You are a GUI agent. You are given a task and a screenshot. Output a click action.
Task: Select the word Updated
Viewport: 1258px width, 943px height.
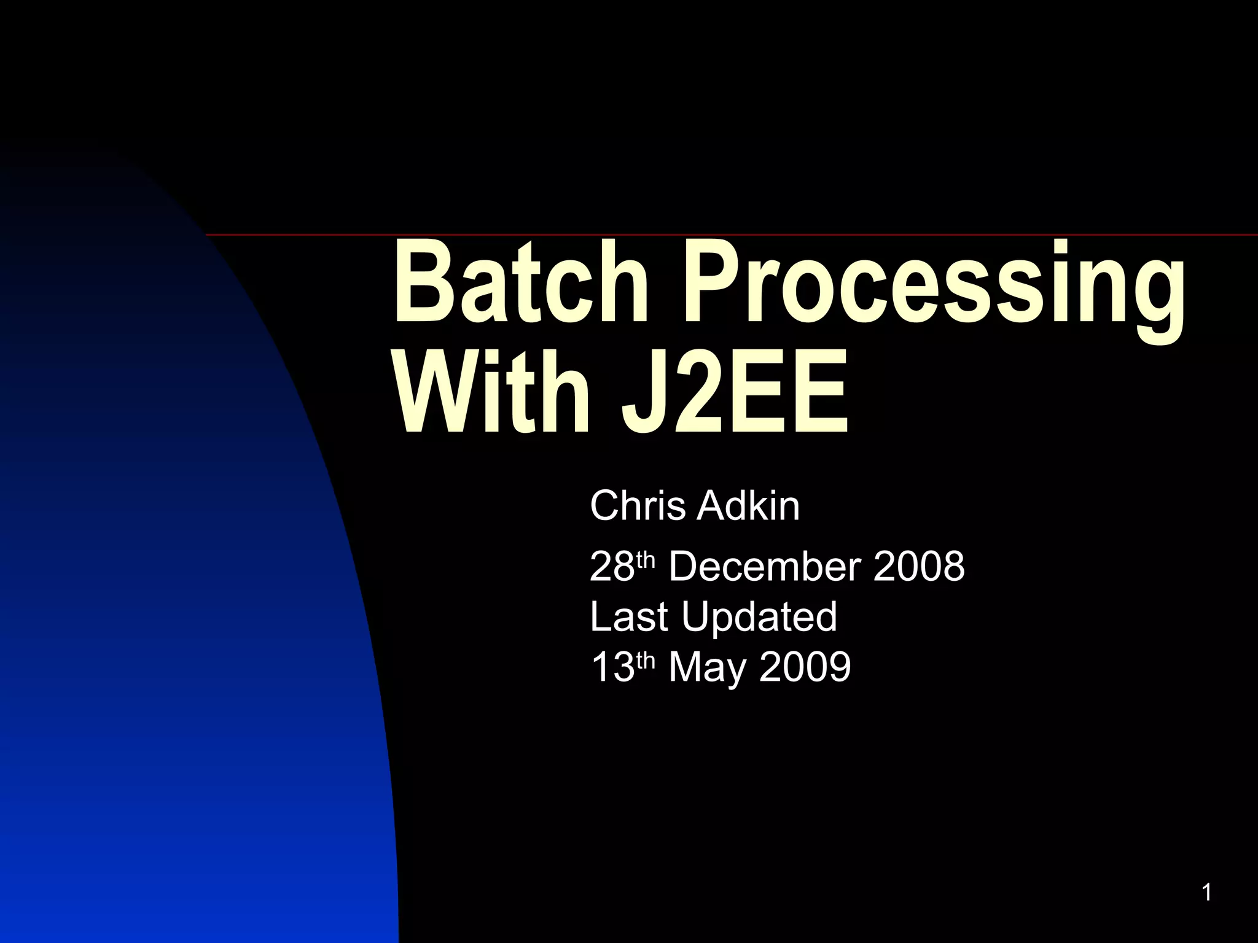pos(759,618)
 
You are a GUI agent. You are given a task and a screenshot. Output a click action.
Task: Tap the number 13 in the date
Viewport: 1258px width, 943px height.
pos(611,667)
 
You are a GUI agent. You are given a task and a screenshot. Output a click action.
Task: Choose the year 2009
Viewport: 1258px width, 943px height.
pos(805,667)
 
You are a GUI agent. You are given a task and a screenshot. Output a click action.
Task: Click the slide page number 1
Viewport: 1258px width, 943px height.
pos(1206,893)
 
